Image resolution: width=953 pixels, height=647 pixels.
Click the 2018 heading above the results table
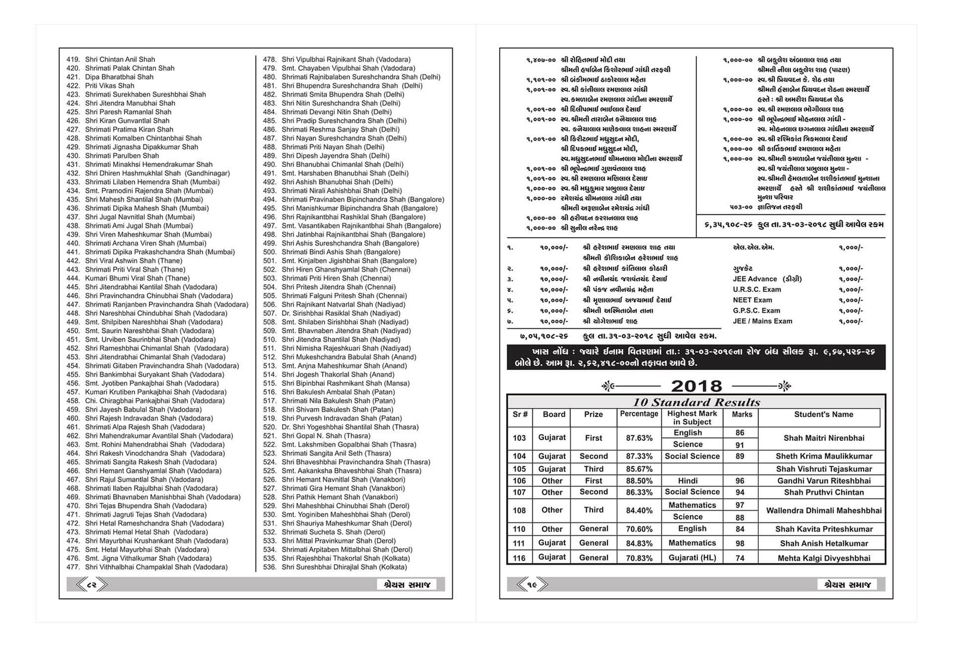696,386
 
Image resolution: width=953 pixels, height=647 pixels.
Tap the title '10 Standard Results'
696,402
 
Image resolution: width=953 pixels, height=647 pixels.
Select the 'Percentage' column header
639,414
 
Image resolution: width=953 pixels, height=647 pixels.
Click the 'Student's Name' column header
823,415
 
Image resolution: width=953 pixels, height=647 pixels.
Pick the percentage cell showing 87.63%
639,438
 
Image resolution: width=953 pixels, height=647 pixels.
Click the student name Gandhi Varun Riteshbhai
823,481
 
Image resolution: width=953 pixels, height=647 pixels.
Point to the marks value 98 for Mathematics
740,543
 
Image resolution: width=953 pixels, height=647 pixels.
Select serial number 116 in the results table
519,558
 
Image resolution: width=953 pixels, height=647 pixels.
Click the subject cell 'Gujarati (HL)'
692,558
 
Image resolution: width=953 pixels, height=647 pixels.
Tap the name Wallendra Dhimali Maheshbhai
823,511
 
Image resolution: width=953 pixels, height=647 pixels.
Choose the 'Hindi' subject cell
688,481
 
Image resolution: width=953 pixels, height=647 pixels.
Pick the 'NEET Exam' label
752,300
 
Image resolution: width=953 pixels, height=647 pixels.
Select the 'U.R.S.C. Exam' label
756,290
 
